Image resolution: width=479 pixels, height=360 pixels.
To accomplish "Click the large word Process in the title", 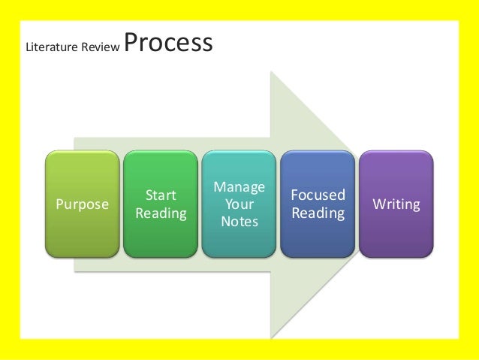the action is click(168, 44).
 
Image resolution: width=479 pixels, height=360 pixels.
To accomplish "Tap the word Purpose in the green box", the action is click(82, 204).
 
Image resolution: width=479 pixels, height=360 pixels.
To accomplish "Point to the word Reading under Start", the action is click(161, 213).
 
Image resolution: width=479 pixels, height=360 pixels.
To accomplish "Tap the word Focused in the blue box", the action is click(318, 195).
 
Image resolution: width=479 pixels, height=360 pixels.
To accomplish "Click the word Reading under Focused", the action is click(318, 213).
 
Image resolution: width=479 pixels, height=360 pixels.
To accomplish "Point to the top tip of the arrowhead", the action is click(272, 73).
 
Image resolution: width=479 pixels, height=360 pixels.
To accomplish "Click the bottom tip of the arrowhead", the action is click(272, 336).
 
